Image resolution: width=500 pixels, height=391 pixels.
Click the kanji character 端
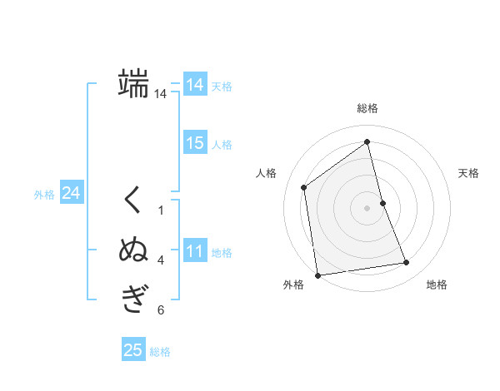pos(133,83)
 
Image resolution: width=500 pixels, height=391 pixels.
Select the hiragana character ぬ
pos(133,250)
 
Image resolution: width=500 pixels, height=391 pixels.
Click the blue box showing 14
pos(195,84)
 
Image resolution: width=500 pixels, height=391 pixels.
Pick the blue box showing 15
pos(195,143)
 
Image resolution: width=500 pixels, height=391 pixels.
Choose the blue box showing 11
pos(195,251)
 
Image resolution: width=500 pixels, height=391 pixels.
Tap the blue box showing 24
pos(71,193)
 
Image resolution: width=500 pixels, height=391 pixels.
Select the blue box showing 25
pos(133,350)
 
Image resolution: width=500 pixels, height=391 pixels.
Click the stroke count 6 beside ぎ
pos(161,310)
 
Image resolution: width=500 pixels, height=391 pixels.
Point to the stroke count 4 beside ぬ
pos(161,260)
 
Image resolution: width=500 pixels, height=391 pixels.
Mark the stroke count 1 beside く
pos(161,210)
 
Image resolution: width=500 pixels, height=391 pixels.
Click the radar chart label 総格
pos(367,108)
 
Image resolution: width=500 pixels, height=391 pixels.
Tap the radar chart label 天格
pos(469,173)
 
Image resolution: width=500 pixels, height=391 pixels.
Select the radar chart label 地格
pos(437,285)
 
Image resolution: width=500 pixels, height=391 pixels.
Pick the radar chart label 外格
pos(293,285)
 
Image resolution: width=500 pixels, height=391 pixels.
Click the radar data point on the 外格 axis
pos(317,275)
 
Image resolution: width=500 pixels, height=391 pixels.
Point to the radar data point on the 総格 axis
pos(367,141)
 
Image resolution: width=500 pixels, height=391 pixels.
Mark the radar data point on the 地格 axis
pos(407,263)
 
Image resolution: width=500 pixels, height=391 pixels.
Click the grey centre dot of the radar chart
pos(367,207)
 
